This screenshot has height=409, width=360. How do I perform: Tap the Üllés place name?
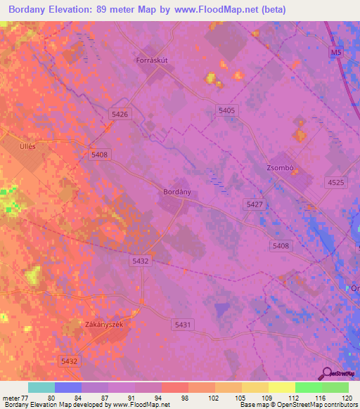pyautogui.click(x=27, y=138)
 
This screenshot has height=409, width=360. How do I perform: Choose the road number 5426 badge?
pyautogui.click(x=120, y=114)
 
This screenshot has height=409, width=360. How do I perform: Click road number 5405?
pyautogui.click(x=226, y=110)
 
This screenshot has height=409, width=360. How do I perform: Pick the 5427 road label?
pyautogui.click(x=255, y=204)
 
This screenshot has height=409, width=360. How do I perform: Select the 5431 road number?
pyautogui.click(x=181, y=323)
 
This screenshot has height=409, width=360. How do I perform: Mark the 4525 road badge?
pyautogui.click(x=336, y=182)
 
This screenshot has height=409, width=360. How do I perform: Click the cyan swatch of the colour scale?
pyautogui.click(x=41, y=387)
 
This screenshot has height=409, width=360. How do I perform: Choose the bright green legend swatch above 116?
pyautogui.click(x=308, y=387)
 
